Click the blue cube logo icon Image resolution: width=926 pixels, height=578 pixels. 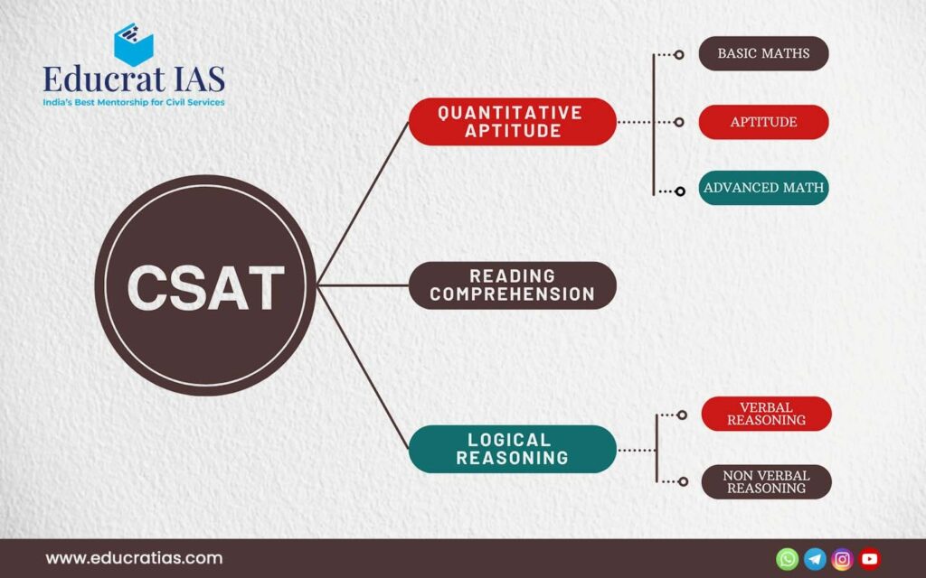134,44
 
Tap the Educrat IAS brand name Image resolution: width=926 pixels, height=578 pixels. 134,79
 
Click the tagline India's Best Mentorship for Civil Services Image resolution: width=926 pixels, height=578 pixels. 134,102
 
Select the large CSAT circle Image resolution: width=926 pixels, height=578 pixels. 205,285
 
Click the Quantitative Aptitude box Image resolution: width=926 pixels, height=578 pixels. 512,122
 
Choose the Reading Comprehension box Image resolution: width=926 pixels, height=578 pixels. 512,285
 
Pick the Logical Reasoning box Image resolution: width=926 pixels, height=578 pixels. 512,449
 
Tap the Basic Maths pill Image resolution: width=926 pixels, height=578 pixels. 763,53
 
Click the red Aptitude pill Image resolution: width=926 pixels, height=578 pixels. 763,122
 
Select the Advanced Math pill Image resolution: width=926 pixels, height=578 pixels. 763,188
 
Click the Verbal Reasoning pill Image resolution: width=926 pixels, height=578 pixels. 767,414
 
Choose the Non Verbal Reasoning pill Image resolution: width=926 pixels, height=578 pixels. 767,482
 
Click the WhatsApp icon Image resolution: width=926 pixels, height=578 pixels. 788,558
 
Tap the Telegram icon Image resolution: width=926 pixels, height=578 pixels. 815,558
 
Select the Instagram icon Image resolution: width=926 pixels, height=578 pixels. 842,558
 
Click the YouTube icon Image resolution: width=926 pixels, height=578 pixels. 870,558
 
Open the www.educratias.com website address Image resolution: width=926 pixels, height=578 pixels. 134,558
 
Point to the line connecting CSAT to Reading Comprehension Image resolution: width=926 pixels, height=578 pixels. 363,285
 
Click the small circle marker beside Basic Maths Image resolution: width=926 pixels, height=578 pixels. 679,55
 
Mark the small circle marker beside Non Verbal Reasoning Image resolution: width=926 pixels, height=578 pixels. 684,481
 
